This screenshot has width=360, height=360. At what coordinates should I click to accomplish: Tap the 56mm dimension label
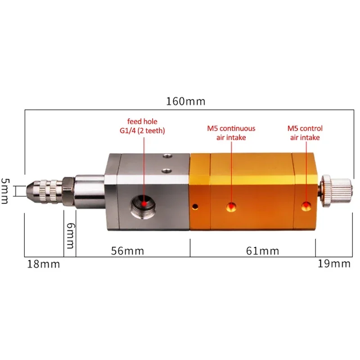tap(128, 251)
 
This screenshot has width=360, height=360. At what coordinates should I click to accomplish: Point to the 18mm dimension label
tap(43, 264)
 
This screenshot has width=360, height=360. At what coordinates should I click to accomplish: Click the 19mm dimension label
tap(334, 264)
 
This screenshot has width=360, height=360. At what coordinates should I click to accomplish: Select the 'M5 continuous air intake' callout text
tap(231, 133)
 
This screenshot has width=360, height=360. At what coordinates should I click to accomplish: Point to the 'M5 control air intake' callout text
tap(305, 133)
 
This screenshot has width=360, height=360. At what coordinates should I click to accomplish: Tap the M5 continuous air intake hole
tap(231, 207)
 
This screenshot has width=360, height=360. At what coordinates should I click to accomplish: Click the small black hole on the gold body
tap(195, 207)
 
